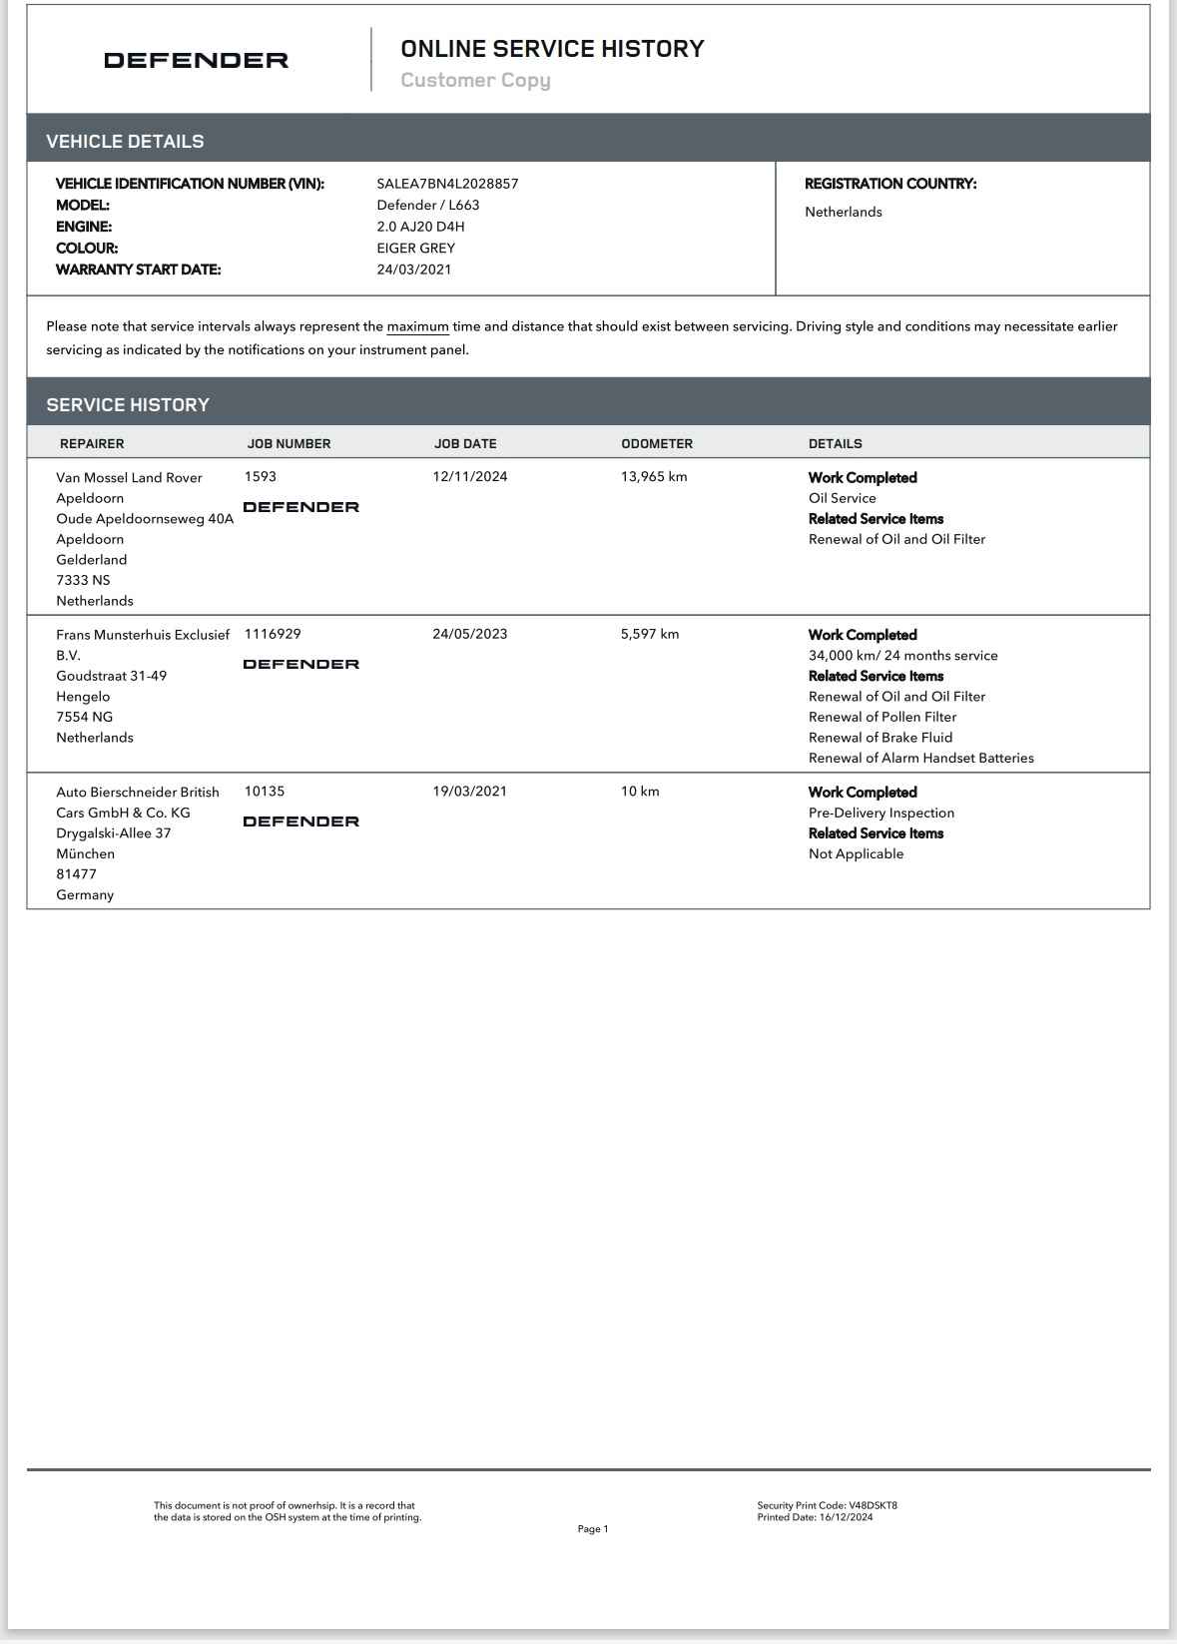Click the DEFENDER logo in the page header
(x=196, y=60)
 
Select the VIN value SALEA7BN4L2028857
(x=447, y=184)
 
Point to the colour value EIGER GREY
(x=415, y=249)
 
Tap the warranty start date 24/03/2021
(x=413, y=270)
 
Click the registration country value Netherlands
(x=843, y=212)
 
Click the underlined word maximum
(x=417, y=326)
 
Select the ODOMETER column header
(x=656, y=444)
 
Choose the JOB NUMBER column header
(x=289, y=444)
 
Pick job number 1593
(x=260, y=477)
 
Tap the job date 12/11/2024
(x=469, y=477)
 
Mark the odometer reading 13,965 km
(x=654, y=477)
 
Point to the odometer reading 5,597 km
(x=649, y=634)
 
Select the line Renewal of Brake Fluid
(x=880, y=738)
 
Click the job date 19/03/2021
(x=469, y=792)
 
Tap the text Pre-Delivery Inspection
(x=881, y=813)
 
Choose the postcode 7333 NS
(x=83, y=580)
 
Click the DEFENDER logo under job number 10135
(x=300, y=822)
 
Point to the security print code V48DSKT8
(x=874, y=1505)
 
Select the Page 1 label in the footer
(x=592, y=1529)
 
